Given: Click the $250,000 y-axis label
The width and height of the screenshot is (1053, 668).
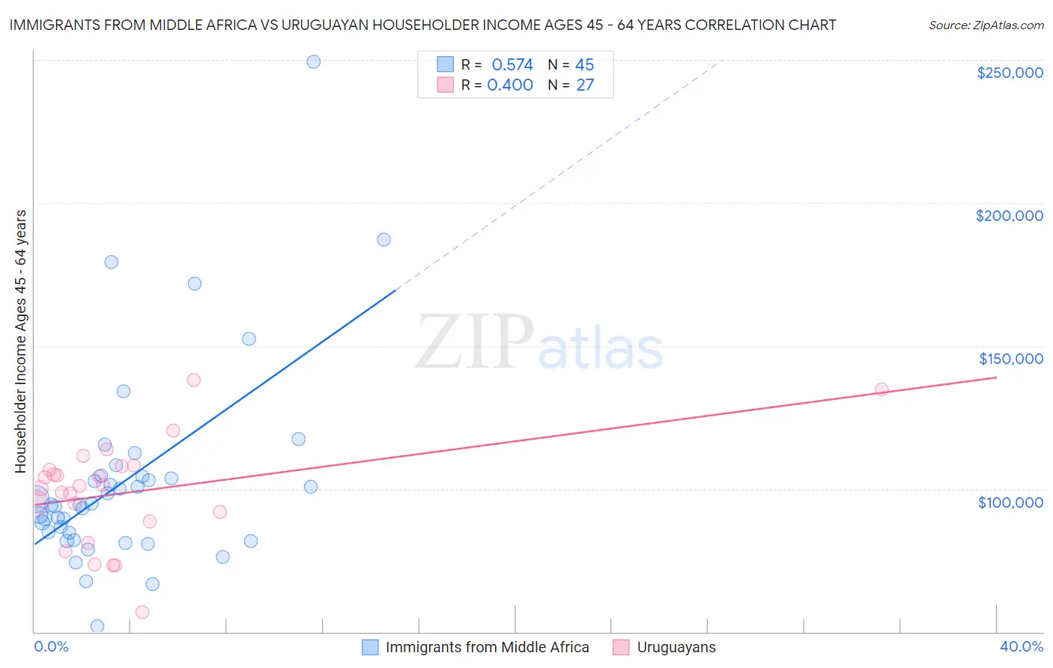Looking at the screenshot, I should tap(1010, 73).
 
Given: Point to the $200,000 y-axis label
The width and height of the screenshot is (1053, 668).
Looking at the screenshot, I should tap(1009, 216).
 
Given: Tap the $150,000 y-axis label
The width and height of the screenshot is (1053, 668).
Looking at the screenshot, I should tap(1010, 359).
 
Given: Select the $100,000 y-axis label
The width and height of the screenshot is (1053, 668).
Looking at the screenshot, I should tap(1010, 502).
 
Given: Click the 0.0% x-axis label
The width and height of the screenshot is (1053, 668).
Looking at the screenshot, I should tap(51, 646).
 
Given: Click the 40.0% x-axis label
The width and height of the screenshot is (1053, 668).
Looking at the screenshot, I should tap(1021, 646).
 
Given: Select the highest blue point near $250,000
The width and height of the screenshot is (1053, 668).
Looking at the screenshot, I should tap(314, 62).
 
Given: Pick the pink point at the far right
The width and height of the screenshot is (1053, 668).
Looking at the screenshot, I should tap(881, 389).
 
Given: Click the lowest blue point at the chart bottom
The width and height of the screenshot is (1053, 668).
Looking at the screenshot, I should tap(97, 626).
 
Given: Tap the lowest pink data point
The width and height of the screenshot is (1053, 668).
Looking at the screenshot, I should tap(142, 613).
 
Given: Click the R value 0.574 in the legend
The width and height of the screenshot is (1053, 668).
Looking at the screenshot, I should tap(512, 65).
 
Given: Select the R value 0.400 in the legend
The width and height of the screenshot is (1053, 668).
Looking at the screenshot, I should tap(510, 85).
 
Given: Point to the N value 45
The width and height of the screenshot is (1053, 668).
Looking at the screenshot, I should tap(584, 65).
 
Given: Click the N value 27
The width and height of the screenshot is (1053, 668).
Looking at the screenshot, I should tap(585, 85).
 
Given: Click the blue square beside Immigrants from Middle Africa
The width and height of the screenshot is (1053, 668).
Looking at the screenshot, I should tap(370, 647).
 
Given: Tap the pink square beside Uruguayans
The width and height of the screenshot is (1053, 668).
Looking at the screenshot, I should tap(621, 647).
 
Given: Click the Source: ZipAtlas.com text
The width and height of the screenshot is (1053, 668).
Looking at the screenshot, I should tap(986, 25).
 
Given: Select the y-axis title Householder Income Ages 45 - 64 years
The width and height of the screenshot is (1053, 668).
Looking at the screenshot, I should tap(21, 341).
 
